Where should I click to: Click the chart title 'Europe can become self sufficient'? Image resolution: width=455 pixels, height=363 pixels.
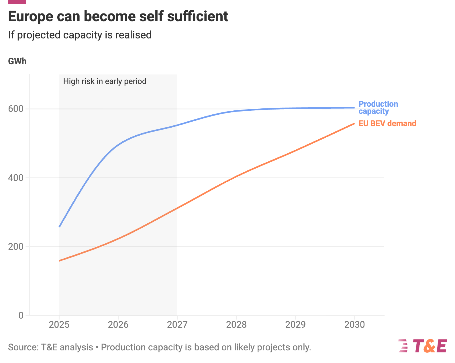(118, 17)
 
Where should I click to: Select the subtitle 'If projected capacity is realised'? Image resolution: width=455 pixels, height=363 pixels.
(80, 35)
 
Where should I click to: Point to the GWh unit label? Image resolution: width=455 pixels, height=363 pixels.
(17, 61)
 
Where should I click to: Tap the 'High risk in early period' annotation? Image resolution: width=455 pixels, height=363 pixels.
(105, 81)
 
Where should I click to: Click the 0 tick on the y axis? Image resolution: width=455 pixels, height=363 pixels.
(21, 315)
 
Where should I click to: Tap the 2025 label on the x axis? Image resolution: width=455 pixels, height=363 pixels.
(59, 325)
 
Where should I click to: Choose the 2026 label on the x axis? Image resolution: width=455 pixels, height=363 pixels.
(118, 325)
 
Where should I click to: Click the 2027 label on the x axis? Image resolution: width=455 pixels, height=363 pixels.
(177, 325)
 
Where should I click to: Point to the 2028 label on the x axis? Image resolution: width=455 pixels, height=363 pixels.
(236, 325)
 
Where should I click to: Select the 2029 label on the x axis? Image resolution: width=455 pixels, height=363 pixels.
(295, 325)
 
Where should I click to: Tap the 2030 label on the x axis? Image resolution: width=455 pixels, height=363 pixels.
(354, 325)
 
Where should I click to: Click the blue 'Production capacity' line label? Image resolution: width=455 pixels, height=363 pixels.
(378, 108)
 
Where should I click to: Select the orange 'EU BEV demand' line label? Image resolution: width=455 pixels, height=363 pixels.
(387, 124)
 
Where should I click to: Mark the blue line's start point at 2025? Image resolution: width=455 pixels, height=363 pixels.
(59, 227)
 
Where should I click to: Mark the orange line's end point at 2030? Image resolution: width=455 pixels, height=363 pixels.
(354, 123)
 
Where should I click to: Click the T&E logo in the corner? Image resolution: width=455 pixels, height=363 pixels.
(423, 346)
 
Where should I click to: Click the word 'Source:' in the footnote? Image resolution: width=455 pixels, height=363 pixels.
(23, 348)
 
